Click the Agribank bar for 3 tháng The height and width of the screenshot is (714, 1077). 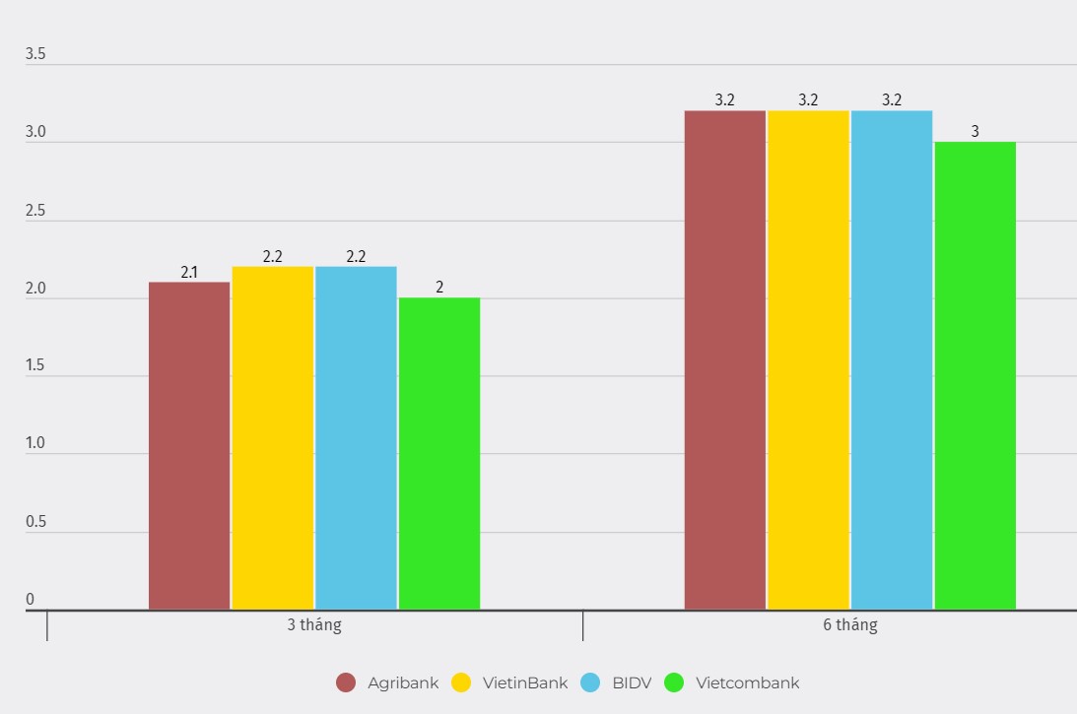[x=189, y=445]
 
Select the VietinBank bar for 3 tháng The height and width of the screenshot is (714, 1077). [x=273, y=437]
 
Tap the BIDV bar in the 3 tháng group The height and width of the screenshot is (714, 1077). [x=356, y=437]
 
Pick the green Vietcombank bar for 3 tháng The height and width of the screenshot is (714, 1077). [x=439, y=453]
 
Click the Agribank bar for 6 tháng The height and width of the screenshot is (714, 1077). [x=725, y=359]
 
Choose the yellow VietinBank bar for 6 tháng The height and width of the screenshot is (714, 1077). [x=808, y=359]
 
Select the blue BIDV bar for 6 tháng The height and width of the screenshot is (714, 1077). [x=892, y=359]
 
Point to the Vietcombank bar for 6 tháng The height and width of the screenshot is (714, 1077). [x=975, y=375]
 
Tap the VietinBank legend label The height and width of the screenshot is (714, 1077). [x=525, y=682]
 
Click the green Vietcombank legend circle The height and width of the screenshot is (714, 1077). [x=675, y=682]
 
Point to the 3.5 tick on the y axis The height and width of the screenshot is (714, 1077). [x=35, y=54]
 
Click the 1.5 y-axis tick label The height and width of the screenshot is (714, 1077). [x=35, y=365]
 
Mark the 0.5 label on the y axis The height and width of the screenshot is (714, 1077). [x=35, y=522]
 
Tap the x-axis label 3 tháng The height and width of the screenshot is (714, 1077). [x=314, y=625]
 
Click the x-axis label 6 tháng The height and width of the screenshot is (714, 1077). [x=849, y=625]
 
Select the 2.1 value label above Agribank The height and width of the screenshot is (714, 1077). [x=189, y=272]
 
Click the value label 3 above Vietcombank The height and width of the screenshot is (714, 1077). [x=975, y=131]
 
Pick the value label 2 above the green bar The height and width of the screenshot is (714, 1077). [x=439, y=288]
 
